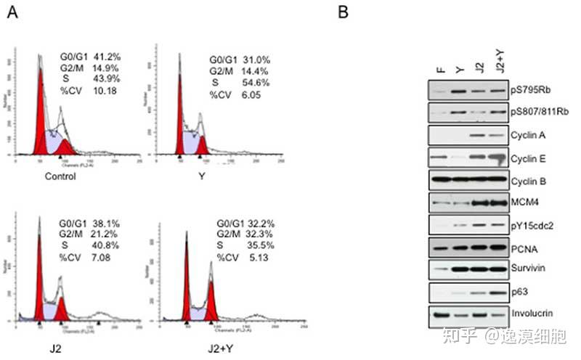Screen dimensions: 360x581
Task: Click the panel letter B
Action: coord(344,15)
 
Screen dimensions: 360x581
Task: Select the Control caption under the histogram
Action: coord(60,176)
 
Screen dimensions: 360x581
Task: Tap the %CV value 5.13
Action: coord(253,256)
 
